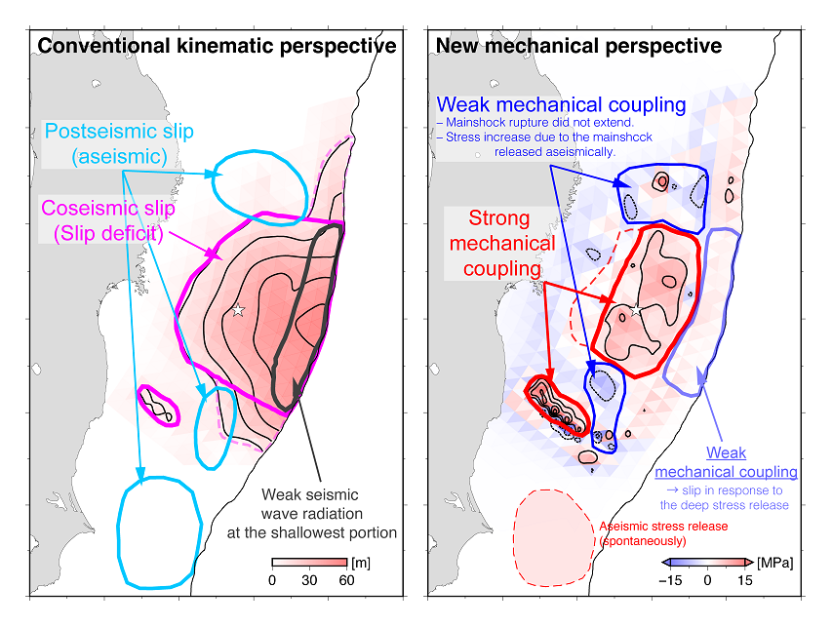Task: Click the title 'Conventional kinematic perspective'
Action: coord(217,46)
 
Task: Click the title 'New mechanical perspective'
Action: coord(578,46)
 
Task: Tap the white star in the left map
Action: coord(237,310)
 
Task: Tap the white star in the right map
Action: coord(636,311)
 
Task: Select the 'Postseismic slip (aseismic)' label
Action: coord(119,142)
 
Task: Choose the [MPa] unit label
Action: coord(774,564)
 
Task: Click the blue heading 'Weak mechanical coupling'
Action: coord(562,104)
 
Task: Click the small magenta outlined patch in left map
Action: coord(156,404)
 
